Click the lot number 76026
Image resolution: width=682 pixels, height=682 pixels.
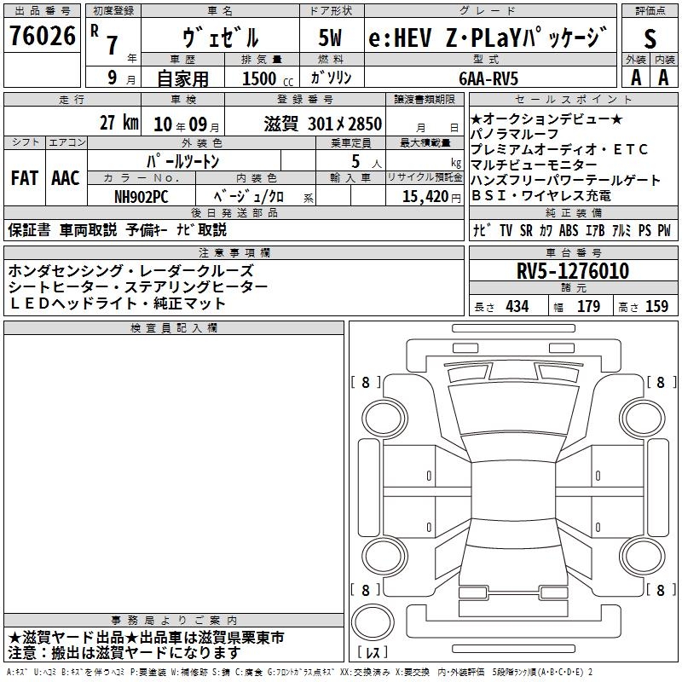coord(43,37)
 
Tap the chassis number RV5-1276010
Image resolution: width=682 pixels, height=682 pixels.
coord(573,272)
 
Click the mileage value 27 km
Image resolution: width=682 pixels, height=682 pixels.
coord(118,123)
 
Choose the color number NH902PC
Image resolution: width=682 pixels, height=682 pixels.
coord(142,196)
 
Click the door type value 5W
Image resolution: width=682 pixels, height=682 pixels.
coord(331,38)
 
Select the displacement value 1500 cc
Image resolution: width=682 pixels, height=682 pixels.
coord(260,78)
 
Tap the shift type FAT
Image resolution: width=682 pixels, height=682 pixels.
coord(24,178)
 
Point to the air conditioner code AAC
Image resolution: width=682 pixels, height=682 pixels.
coord(65,178)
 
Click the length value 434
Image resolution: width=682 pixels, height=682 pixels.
coord(517,307)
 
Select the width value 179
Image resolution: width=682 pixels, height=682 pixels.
coord(589,307)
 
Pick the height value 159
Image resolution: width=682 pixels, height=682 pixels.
coord(656,307)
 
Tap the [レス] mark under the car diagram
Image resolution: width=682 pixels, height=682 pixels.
coord(373,654)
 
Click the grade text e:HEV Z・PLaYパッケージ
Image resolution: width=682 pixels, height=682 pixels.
coord(488,38)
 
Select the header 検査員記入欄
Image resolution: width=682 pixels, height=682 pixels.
coord(174,328)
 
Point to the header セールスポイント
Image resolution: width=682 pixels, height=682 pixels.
coord(571,100)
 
